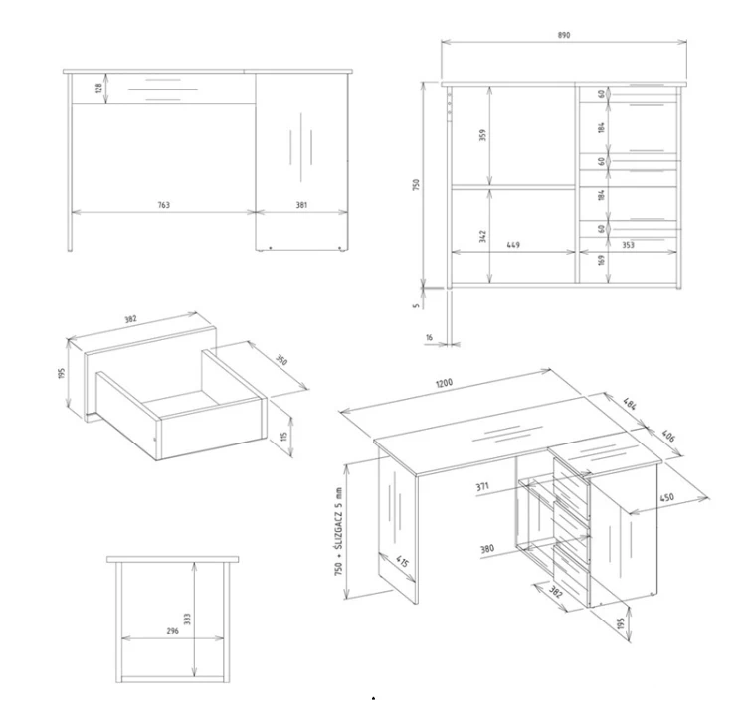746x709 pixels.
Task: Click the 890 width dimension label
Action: pos(563,35)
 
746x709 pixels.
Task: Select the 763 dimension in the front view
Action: pos(164,205)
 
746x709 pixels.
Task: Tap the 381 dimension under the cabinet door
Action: pos(301,205)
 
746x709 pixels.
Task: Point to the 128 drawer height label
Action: pos(98,88)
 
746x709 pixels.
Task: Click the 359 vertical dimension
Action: pos(482,135)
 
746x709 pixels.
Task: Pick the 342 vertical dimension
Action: pos(482,236)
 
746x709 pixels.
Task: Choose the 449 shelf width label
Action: pos(513,245)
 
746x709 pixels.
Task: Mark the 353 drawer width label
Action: pos(628,245)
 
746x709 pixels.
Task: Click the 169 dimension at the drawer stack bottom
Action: pos(602,260)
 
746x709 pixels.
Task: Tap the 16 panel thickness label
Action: pos(429,338)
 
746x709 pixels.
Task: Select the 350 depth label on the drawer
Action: pos(281,360)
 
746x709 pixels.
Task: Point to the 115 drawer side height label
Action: pos(284,437)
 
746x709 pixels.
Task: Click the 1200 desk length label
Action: pos(445,383)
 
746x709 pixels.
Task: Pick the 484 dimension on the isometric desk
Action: pos(629,404)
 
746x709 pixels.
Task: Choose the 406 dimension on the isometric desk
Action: pos(668,436)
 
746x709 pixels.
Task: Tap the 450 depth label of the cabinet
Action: pos(667,498)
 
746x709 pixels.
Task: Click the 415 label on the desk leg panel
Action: pos(402,562)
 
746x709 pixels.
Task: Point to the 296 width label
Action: pos(173,631)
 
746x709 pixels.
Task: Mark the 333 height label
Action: pos(187,619)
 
